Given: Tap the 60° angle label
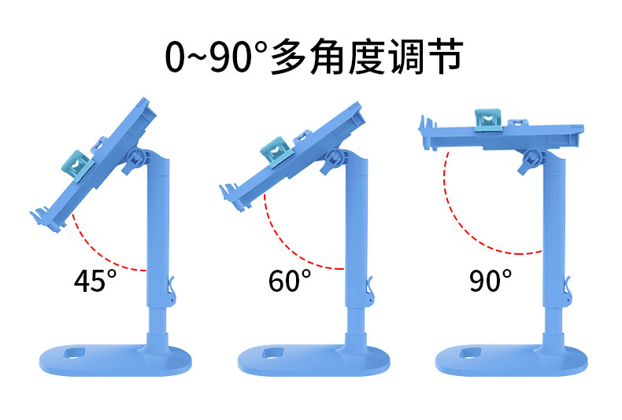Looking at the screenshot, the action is tap(289, 281).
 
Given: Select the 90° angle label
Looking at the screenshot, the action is tap(491, 281).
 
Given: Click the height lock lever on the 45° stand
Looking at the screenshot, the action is tap(171, 293).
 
